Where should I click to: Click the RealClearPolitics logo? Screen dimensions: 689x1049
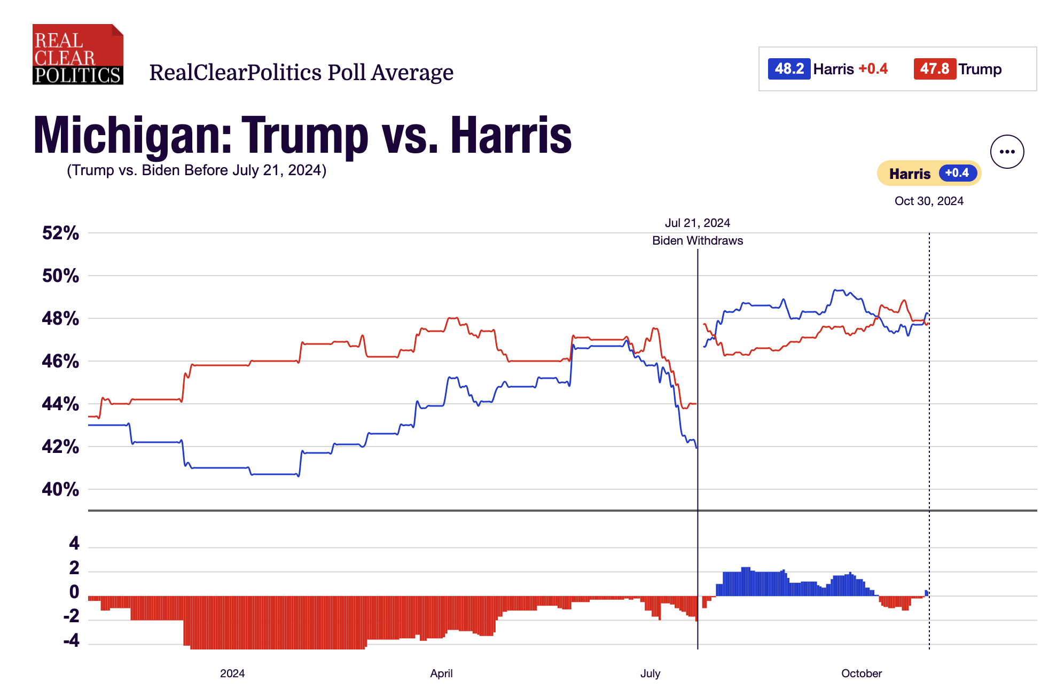[x=78, y=54]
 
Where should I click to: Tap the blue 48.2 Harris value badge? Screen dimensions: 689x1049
[x=789, y=69]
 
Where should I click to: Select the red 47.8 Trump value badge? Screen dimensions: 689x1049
[x=935, y=69]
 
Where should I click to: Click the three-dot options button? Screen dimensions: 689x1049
[x=1007, y=152]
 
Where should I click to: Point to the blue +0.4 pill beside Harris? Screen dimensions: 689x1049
[x=957, y=173]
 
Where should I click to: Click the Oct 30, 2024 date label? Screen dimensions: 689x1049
[x=929, y=201]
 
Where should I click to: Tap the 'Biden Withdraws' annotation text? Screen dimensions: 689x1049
[x=697, y=240]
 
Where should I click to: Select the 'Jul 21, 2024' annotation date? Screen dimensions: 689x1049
[x=697, y=223]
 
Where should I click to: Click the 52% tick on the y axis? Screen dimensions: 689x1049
[x=60, y=233]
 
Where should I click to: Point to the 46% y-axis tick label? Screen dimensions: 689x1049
[x=60, y=361]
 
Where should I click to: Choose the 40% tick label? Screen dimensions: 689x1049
[x=60, y=489]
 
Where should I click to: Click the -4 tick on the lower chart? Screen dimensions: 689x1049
[x=72, y=640]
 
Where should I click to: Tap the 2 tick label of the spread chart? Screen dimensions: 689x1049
[x=74, y=567]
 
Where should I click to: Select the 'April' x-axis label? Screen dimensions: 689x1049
[x=441, y=674]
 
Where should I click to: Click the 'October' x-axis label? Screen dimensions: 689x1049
[x=861, y=674]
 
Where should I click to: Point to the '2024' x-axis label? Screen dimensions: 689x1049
[x=232, y=674]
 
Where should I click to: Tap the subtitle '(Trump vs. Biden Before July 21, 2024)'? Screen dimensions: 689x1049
[x=197, y=170]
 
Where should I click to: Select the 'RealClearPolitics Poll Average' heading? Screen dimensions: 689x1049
[x=301, y=73]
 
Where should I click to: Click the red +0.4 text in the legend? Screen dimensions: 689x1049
[x=873, y=69]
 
